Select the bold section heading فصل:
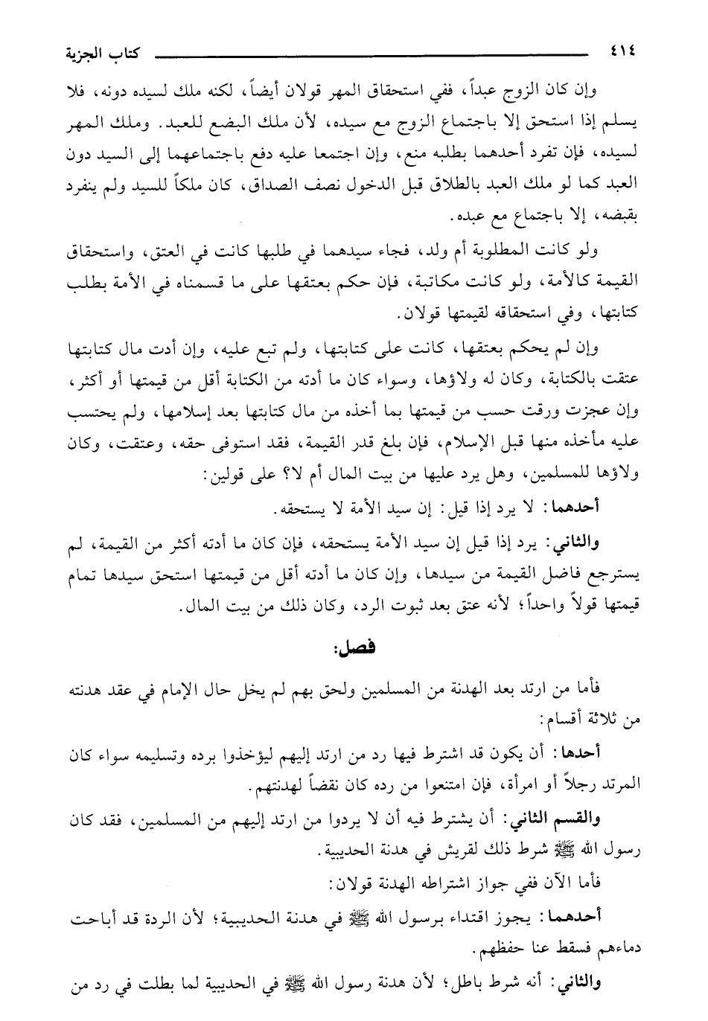point(355,647)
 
